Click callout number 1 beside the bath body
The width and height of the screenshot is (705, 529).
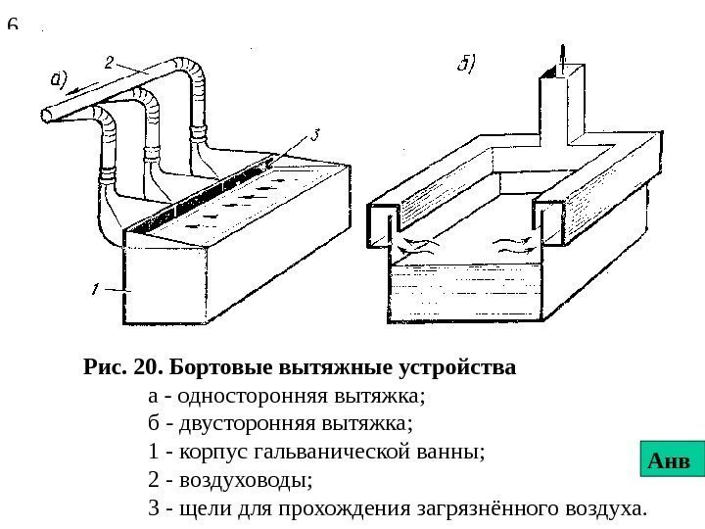(94, 289)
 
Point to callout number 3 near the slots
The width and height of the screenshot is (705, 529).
(315, 137)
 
